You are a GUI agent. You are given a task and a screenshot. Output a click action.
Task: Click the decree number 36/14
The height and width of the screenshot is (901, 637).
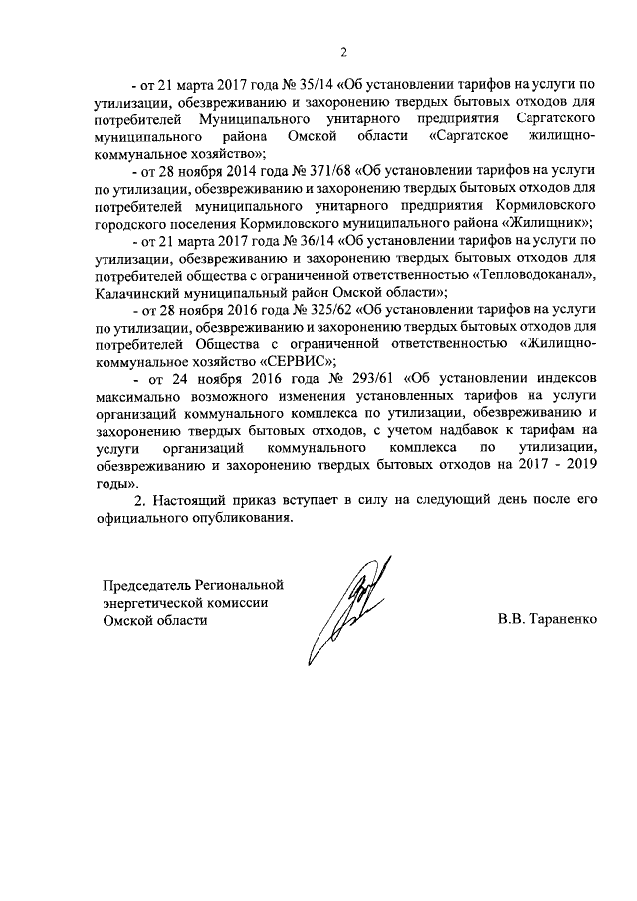[x=305, y=241]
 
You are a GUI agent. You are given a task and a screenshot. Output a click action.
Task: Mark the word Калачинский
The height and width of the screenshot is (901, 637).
[x=141, y=293]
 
